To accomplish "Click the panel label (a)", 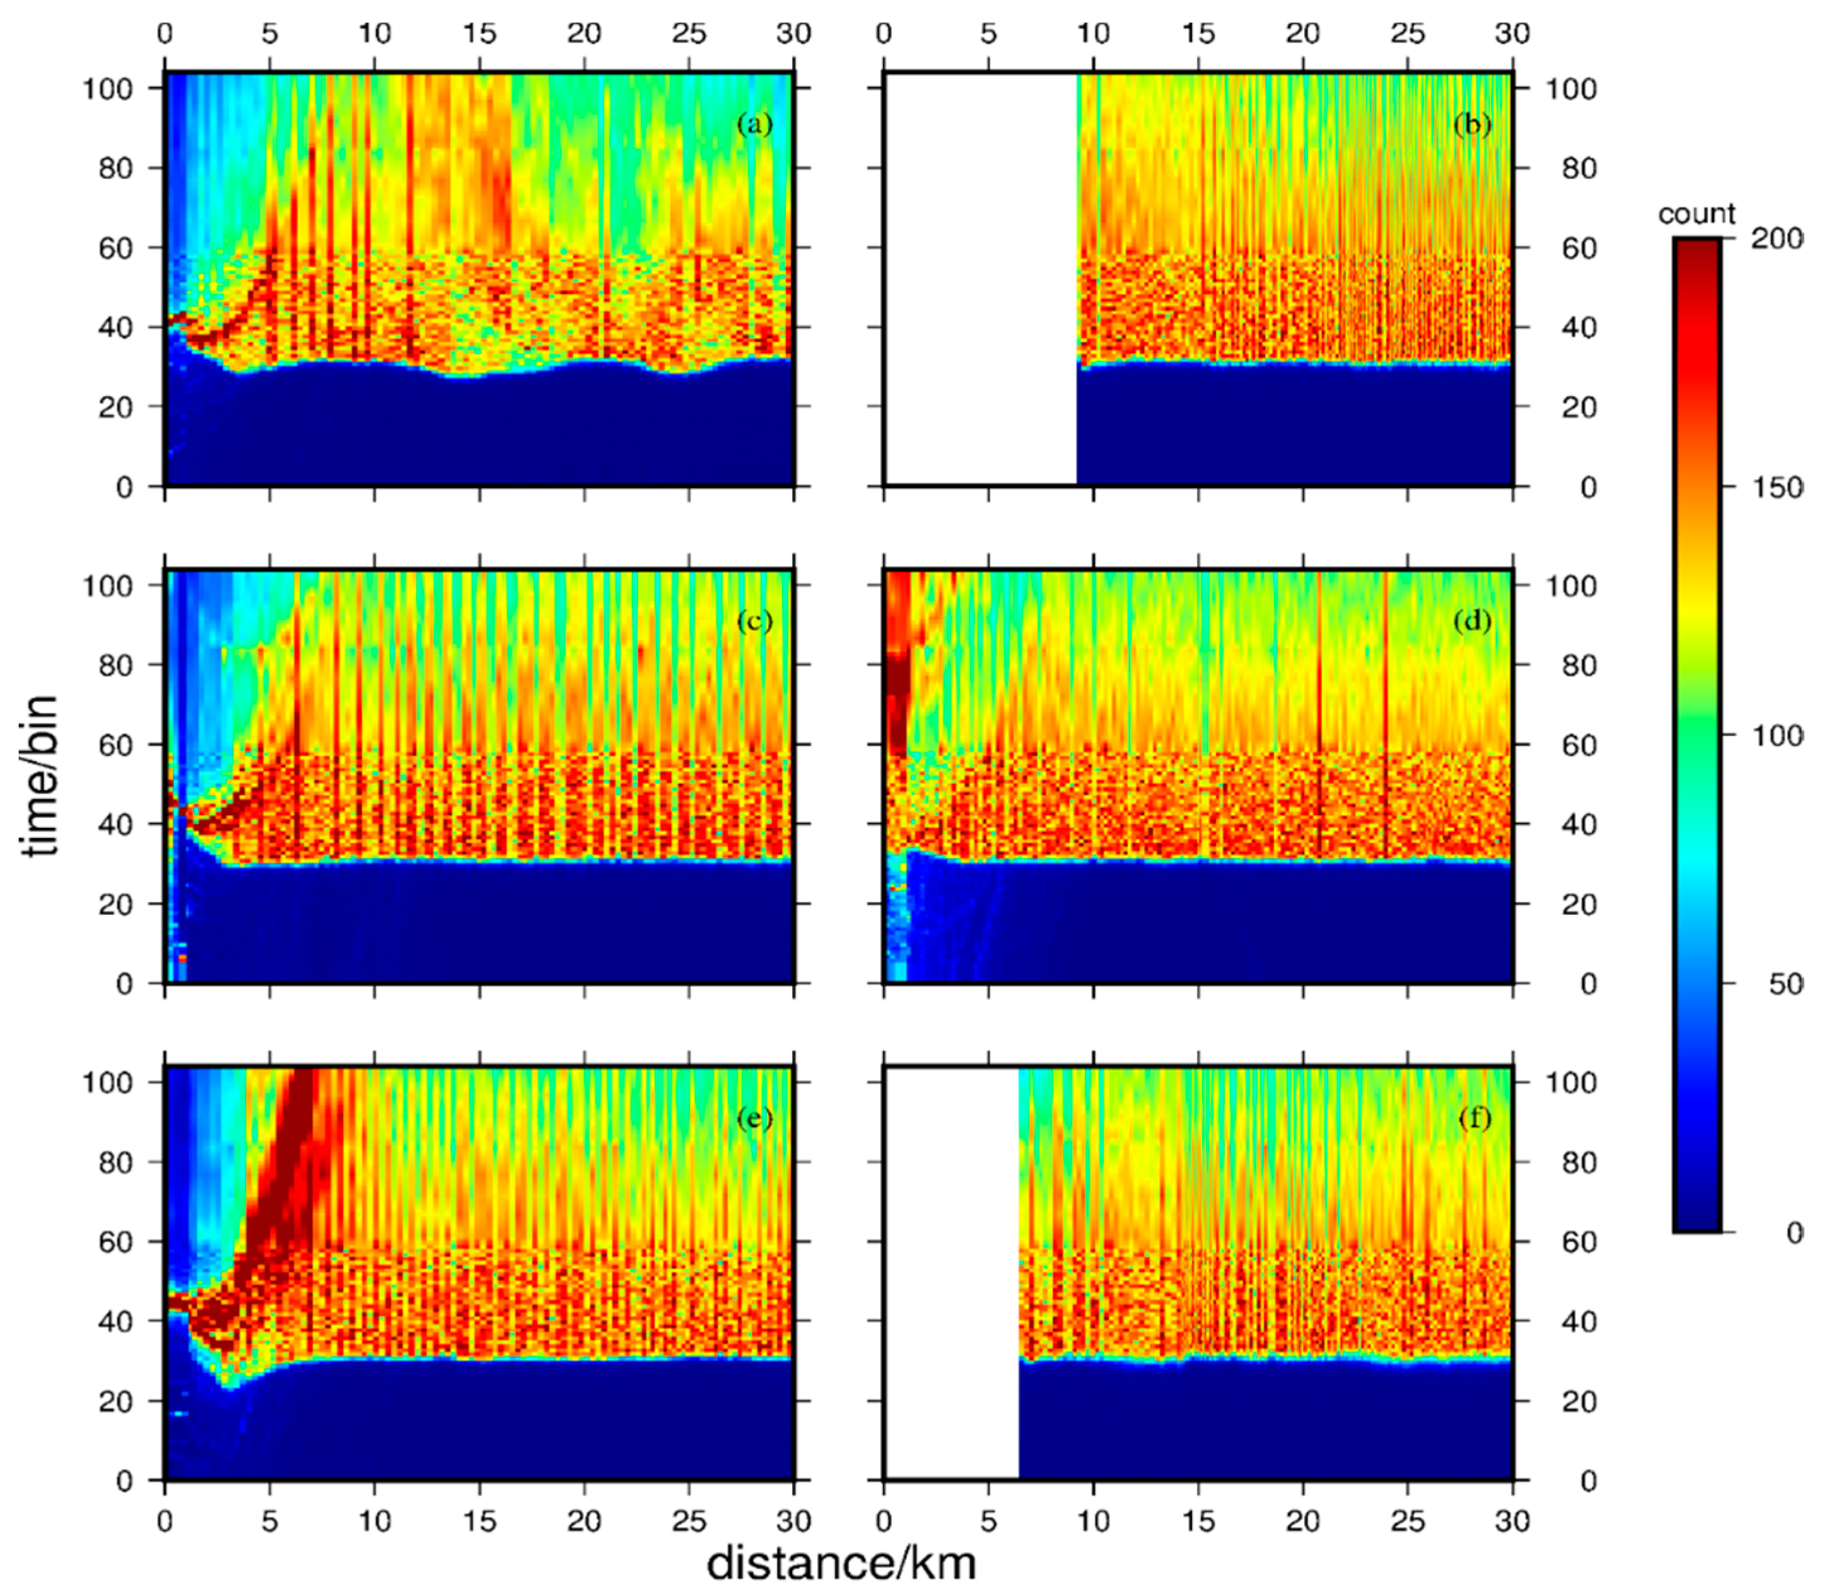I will [754, 125].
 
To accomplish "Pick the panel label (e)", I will [754, 1118].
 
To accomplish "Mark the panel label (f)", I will [1474, 1118].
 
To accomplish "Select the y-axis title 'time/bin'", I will [41, 775].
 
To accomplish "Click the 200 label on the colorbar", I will [1776, 239].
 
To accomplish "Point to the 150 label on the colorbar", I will [1776, 487].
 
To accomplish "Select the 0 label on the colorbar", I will [1793, 1233].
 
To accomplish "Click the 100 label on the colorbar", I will [1776, 736].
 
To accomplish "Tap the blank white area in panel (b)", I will [980, 276].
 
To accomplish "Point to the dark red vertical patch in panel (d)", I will [897, 677].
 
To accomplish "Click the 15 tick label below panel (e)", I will [479, 1520].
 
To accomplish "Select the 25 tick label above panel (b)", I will [1408, 34].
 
